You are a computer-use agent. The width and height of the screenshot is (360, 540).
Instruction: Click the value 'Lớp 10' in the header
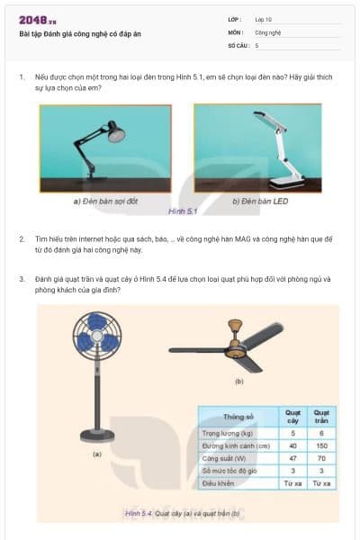tap(263, 19)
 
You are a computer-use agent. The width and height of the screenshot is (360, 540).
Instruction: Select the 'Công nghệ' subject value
tap(268, 31)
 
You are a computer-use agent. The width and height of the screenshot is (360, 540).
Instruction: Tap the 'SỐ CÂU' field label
tap(238, 44)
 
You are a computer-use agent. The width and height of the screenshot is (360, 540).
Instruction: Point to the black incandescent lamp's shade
tap(116, 136)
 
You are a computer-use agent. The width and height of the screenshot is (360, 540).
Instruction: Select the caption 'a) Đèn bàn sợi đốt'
tap(105, 201)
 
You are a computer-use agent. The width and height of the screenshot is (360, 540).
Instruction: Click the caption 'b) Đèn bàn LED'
tap(260, 201)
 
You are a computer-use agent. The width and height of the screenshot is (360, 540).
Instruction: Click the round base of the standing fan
tap(96, 436)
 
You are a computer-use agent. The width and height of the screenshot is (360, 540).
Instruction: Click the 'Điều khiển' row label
tap(219, 483)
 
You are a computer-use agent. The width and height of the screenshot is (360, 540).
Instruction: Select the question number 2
tap(22, 238)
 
